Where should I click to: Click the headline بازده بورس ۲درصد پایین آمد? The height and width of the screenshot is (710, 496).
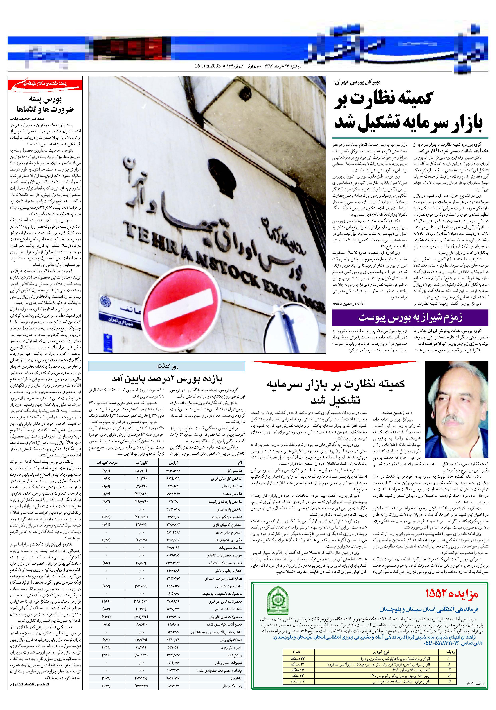click(x=167, y=379)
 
